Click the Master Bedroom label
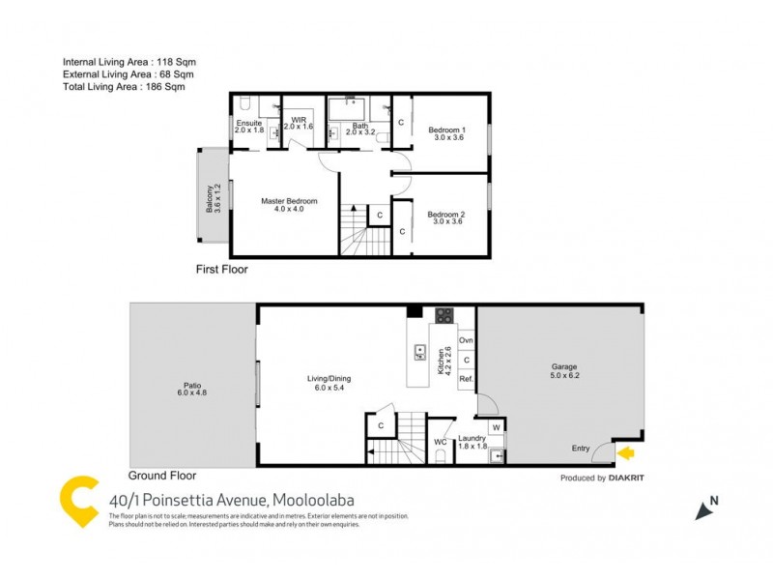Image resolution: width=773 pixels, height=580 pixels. (x=289, y=201)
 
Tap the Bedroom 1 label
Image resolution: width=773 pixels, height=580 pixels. (x=446, y=130)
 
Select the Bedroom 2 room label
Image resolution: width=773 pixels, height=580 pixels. (x=446, y=215)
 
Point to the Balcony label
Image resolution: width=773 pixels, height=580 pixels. (x=208, y=198)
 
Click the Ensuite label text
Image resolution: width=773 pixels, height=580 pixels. (x=249, y=124)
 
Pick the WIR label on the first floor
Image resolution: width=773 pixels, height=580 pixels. (x=299, y=120)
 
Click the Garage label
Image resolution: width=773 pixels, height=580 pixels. (x=563, y=367)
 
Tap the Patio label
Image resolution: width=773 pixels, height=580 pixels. (x=191, y=383)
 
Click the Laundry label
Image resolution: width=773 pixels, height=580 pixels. (x=472, y=438)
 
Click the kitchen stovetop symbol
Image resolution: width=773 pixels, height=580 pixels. (x=444, y=315)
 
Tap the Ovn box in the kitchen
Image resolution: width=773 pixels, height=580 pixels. (x=466, y=340)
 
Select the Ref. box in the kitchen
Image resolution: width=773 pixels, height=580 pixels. (x=466, y=380)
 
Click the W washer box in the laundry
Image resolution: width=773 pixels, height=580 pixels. (x=495, y=427)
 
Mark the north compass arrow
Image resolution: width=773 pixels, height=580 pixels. (x=703, y=509)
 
